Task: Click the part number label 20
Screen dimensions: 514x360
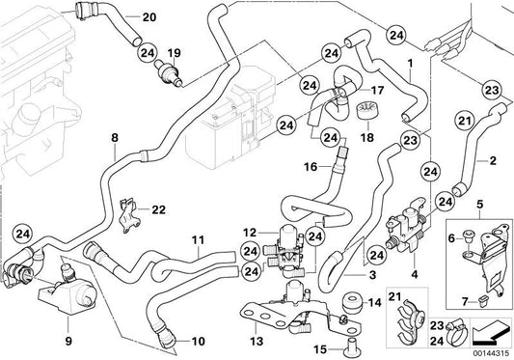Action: point(149,16)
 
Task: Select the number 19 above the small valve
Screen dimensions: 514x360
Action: point(174,53)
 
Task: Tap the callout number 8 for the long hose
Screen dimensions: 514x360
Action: point(115,137)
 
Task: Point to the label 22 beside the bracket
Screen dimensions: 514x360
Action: point(159,209)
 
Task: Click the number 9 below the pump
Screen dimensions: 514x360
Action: point(68,342)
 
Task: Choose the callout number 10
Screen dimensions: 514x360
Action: point(198,342)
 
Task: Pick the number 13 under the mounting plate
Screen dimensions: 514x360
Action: point(257,342)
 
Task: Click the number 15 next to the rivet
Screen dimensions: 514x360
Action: point(320,349)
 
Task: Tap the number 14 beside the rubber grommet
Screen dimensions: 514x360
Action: point(375,302)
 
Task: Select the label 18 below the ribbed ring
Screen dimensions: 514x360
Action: point(367,137)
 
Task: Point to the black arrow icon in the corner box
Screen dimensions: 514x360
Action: point(491,333)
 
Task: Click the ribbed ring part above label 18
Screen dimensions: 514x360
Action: point(366,110)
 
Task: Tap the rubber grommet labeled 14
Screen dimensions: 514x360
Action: point(352,302)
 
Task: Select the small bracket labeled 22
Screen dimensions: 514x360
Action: point(129,216)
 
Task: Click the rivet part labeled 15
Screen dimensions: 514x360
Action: point(351,346)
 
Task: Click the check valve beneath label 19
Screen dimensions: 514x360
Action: point(169,72)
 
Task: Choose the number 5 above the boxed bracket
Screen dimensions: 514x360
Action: point(479,204)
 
